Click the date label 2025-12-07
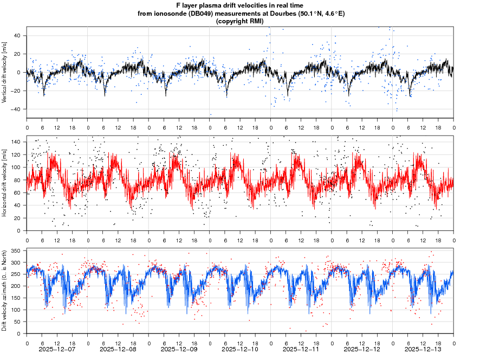57,350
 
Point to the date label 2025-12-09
179,350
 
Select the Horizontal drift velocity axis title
4,183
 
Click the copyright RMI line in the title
239,21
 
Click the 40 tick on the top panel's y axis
17,36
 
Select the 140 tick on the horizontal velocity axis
16,142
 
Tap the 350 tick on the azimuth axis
16,251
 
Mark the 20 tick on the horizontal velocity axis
17,218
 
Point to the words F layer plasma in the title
196,5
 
